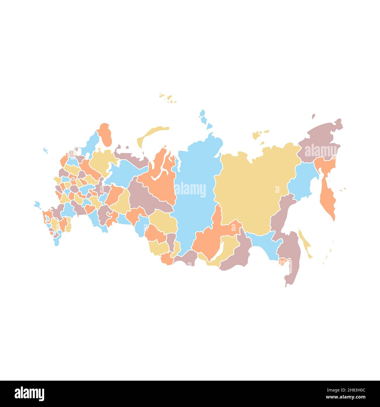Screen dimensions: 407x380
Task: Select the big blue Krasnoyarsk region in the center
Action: coord(196,205)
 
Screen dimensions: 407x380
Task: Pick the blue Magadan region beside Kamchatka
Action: coord(303,179)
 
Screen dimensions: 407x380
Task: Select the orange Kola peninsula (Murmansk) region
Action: coord(105,135)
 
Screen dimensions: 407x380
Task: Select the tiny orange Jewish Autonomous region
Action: coord(283,261)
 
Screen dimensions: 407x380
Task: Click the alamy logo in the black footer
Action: coord(29,394)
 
